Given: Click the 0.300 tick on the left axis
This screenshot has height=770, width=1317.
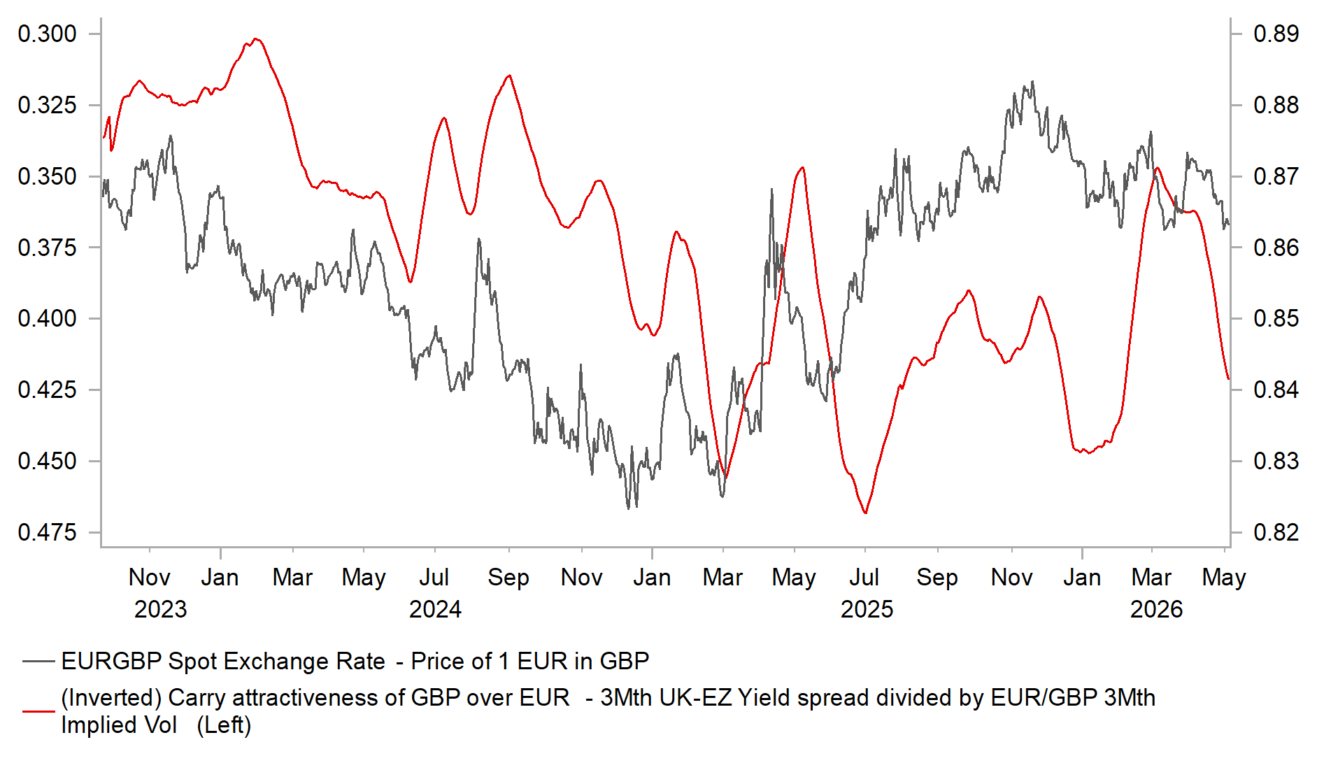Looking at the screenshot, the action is coord(47,34).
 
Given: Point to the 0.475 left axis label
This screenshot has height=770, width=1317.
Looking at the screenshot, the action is coord(47,532).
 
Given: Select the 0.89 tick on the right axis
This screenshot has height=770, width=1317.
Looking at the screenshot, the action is coord(1276,34).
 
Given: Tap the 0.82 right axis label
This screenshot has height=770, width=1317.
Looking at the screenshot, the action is coord(1276,532).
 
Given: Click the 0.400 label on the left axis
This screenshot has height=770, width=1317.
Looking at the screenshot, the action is coord(47,318).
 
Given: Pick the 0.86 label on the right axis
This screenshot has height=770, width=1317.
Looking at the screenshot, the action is coord(1276,247).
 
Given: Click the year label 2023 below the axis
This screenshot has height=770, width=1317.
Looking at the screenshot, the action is coord(160,609).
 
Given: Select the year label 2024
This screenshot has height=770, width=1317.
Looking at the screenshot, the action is coord(435,609).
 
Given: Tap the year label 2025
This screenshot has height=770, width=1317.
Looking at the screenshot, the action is coord(867,609).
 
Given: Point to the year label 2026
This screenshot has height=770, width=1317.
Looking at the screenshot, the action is coord(1156,609).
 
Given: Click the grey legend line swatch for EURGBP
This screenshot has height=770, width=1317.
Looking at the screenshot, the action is coord(38,661).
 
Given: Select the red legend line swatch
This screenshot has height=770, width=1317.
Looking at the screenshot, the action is coord(38,711).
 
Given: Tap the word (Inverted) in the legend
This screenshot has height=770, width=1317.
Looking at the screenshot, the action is coord(112,698).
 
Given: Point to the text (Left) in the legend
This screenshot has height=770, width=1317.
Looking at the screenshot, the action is coord(224,725).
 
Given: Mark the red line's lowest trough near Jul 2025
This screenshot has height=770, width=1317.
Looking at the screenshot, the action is coord(865,513).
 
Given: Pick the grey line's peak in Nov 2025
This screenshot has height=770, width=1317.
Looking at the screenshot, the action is coord(1032,82).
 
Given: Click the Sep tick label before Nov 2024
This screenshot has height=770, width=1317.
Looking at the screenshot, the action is coord(508,578).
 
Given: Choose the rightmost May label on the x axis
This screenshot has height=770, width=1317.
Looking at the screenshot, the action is coord(1224,578).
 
